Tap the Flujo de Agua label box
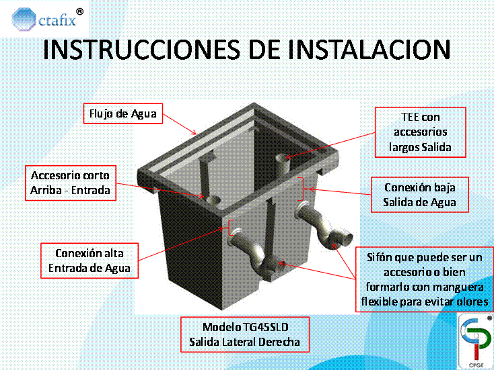(122, 113)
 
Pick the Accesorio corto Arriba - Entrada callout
(70, 183)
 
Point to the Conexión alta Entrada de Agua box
(89, 261)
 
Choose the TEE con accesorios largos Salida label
(421, 132)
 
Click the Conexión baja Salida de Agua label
(419, 195)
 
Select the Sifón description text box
(424, 279)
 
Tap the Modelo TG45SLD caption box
(246, 334)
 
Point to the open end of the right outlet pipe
(345, 238)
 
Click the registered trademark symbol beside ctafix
(80, 11)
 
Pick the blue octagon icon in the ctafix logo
(25, 21)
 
